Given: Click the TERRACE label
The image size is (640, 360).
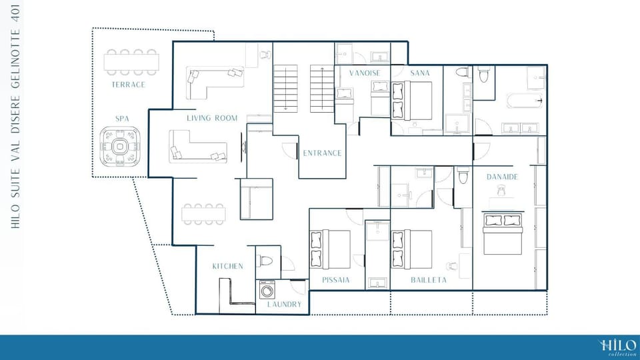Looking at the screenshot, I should tap(129, 85).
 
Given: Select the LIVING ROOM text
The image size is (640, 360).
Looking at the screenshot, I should tap(212, 118).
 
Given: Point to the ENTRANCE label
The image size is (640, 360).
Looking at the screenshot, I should tap(322, 153).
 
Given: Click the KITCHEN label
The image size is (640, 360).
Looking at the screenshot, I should tap(228, 266).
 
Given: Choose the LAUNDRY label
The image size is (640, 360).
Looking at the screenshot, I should tap(284, 305).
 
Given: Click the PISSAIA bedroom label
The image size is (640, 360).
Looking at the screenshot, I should tap(336, 280).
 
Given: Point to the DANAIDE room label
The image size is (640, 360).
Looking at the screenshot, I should tap(502, 177).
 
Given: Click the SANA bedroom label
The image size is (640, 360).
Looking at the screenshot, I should tap(420, 73).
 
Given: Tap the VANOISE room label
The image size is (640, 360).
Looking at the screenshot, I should tap(365, 73).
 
